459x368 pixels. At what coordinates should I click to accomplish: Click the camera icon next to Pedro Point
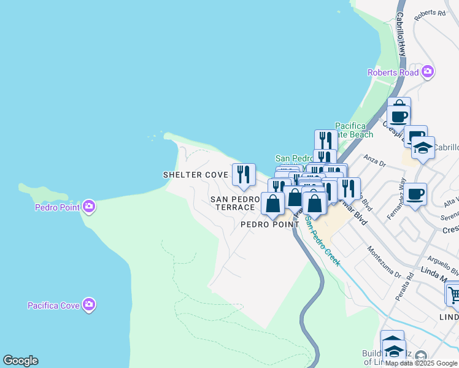coord(89,207)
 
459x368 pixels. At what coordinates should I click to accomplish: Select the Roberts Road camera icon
coord(428,72)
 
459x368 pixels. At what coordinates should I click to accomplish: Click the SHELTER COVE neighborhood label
coord(195,175)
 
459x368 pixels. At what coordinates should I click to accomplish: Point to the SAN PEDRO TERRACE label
coord(233,203)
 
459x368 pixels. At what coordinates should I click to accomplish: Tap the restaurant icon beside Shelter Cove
coord(244,175)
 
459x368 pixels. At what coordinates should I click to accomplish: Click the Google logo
coord(20,361)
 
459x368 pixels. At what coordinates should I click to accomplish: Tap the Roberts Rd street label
coord(430,14)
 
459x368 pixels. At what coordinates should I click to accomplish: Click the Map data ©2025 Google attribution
coord(422,363)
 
